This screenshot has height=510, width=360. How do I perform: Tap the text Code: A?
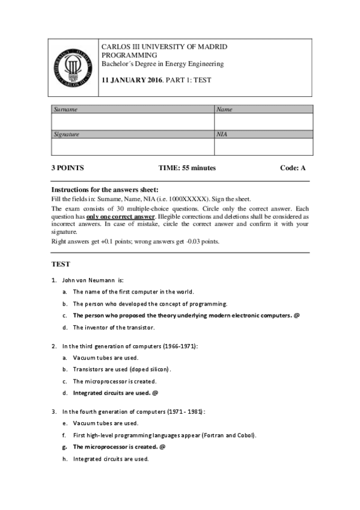(293, 168)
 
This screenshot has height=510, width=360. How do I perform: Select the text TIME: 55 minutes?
(187, 168)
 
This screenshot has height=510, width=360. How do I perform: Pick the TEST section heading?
(61, 263)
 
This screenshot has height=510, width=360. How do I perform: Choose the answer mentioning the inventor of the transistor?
(114, 328)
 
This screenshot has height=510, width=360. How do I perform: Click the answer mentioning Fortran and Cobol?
(164, 435)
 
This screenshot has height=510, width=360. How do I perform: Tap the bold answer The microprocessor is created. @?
(118, 447)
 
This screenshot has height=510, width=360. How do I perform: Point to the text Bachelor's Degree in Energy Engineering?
(162, 64)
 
